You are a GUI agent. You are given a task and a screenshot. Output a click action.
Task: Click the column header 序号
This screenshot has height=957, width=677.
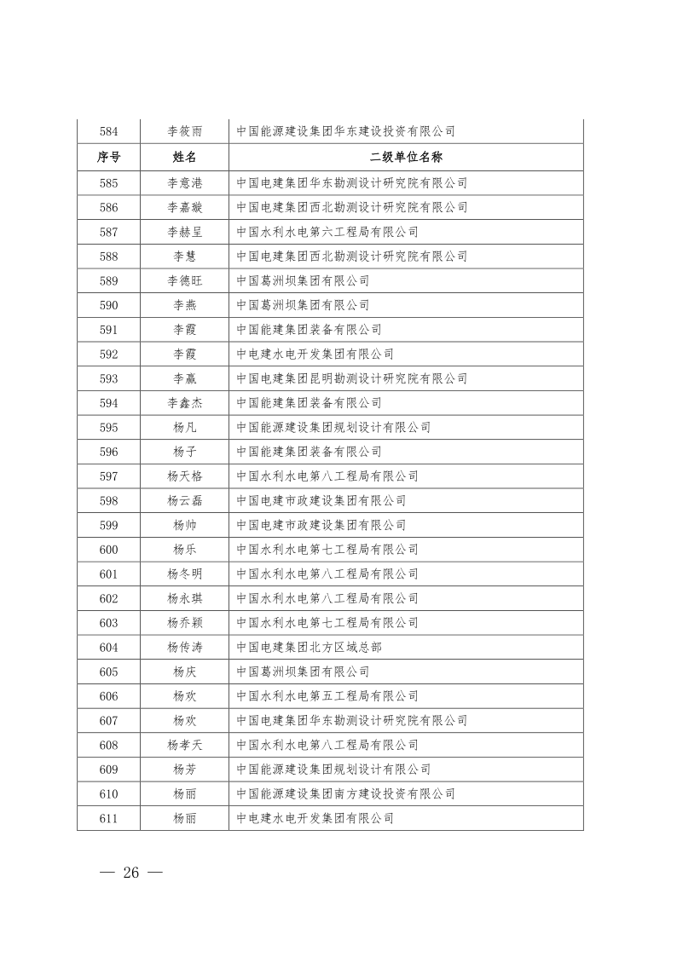pos(108,158)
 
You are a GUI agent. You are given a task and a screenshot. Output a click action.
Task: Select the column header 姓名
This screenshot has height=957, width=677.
pos(184,158)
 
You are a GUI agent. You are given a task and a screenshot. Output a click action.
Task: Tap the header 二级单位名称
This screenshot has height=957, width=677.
pos(406,158)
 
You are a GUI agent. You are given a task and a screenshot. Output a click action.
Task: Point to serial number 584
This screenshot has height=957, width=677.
pos(108,132)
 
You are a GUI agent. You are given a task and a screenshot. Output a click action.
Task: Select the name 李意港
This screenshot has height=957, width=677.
pos(184,182)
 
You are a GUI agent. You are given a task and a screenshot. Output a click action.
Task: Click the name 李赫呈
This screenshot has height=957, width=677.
pos(184,232)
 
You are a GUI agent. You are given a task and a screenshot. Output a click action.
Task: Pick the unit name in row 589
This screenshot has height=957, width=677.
pos(303,280)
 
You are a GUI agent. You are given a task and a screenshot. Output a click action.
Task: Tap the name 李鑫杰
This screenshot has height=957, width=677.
pos(184,403)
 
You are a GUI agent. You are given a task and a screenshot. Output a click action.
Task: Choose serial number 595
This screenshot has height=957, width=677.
pos(108,428)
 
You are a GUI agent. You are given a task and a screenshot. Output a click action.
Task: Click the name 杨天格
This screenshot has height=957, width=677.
pos(184,476)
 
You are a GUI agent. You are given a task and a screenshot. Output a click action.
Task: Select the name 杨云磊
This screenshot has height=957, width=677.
pos(184,501)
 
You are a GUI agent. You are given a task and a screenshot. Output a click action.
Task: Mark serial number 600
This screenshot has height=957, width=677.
pos(108,550)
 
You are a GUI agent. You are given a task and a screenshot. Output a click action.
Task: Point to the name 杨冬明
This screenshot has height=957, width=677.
pos(184,574)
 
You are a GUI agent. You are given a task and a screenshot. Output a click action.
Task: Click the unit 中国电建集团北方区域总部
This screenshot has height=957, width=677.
pos(309,648)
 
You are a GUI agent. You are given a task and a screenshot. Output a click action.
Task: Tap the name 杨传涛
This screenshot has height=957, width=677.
pos(184,648)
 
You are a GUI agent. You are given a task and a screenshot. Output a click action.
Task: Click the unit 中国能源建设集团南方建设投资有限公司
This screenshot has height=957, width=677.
pos(345,794)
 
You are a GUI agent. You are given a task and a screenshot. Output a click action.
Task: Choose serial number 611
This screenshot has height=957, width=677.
pos(108,819)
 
